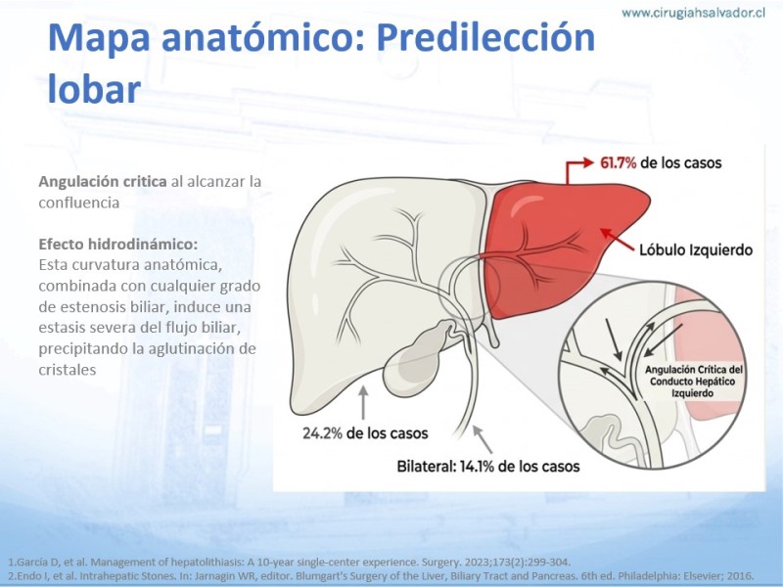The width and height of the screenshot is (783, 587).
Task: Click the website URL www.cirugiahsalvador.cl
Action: (693, 13)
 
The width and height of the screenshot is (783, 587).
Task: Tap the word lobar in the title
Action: (94, 89)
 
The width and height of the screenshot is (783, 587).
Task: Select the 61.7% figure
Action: (618, 162)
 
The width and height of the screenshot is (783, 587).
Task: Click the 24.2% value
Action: (322, 432)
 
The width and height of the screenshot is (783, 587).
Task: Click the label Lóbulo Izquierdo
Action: (696, 249)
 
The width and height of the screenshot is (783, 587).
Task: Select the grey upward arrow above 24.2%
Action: (363, 402)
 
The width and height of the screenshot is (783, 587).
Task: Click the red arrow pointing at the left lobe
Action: (618, 239)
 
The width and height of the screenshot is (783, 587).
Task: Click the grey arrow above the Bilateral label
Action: (483, 439)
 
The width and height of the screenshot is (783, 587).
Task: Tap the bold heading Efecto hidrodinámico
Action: (117, 244)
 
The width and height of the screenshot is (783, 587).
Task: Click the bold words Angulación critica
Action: (103, 181)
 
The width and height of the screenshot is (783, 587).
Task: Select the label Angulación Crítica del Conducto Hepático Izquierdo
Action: (693, 382)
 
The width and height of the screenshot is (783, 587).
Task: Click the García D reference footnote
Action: (290, 562)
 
